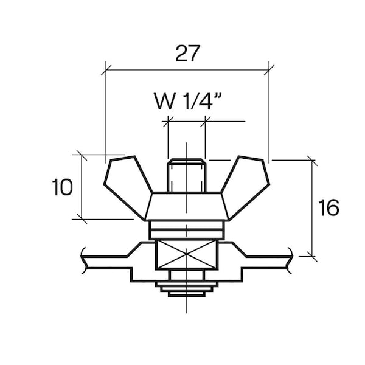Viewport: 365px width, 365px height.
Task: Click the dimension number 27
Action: tap(187, 54)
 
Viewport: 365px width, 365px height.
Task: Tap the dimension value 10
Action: tap(62, 187)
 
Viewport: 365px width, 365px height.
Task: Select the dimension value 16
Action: tap(328, 207)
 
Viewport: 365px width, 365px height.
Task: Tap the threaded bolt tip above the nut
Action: tap(187, 176)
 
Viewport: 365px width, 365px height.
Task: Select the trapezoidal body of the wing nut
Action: tap(187, 206)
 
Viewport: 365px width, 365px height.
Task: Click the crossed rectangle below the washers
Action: tap(187, 255)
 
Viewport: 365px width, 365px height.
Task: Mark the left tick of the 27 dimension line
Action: tap(106, 70)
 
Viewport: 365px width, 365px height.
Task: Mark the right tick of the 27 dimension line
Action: tap(269, 70)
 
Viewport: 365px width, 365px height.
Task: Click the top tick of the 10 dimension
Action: tap(82, 155)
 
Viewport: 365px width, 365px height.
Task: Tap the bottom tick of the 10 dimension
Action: tap(82, 219)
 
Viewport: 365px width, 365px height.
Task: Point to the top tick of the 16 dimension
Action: tap(312, 160)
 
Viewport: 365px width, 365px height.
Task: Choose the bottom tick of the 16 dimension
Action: tap(312, 256)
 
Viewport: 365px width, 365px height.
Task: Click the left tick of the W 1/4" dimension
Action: tap(168, 121)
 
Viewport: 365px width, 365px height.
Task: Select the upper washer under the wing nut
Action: tap(187, 225)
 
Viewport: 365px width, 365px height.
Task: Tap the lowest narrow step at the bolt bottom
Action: tap(187, 294)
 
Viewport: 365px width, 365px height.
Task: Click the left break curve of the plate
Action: tap(84, 260)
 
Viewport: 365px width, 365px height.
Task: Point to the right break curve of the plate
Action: tap(290, 260)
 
